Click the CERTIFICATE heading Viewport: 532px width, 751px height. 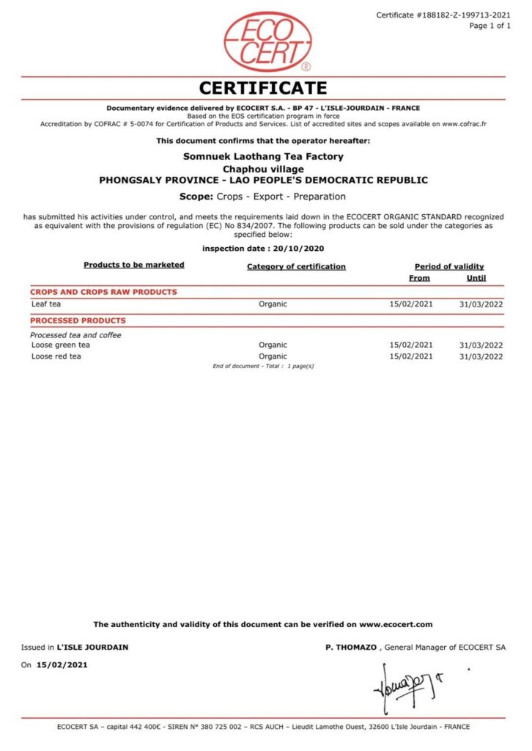coord(263,89)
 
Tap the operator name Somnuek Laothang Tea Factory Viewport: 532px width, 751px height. coord(263,156)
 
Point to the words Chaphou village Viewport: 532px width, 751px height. coord(263,168)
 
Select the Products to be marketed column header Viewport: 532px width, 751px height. coord(134,265)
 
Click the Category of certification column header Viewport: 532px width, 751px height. coord(296,266)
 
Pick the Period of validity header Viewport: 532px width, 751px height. coord(449,266)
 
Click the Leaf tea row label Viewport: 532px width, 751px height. coord(45,304)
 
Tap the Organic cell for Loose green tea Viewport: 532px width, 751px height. coord(273,345)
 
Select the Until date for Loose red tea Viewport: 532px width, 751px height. coord(481,356)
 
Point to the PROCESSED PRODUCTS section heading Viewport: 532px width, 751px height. coord(78,320)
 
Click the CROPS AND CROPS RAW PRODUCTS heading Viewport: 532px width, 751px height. coord(103,292)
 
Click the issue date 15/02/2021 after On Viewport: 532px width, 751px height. coord(62,665)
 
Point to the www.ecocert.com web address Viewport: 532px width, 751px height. coord(396,624)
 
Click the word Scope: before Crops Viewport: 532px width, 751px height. coord(196,197)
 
